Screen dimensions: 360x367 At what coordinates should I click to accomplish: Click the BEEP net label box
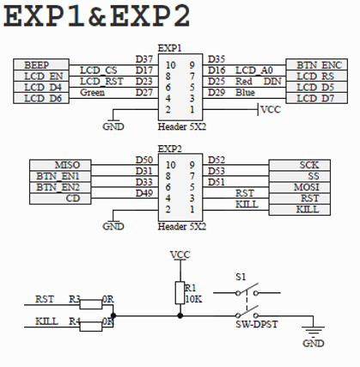click(x=41, y=64)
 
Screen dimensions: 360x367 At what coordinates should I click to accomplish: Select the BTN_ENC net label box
click(x=317, y=64)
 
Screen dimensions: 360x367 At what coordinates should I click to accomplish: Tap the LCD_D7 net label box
click(x=317, y=98)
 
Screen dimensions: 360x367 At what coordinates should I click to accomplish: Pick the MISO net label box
click(x=60, y=165)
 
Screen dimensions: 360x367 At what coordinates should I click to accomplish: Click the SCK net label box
click(x=300, y=165)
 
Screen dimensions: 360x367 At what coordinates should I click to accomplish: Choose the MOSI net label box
click(x=300, y=187)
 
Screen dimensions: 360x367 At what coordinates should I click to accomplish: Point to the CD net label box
click(x=60, y=199)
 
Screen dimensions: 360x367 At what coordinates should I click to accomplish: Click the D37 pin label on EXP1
click(x=144, y=59)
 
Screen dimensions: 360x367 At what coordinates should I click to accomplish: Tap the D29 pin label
click(x=217, y=93)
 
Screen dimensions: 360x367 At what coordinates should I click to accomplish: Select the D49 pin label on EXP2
click(x=144, y=193)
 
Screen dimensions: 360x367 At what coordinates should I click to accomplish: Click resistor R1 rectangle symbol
click(x=180, y=292)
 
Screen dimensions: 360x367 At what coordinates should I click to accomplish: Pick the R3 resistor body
click(x=91, y=304)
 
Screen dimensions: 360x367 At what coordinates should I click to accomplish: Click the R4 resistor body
click(x=91, y=327)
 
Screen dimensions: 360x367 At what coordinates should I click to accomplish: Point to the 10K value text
click(x=193, y=299)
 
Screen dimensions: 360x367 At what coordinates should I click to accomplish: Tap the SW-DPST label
click(x=257, y=324)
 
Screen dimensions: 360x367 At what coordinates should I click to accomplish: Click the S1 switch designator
click(x=241, y=277)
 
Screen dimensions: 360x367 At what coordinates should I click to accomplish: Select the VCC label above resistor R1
click(x=180, y=254)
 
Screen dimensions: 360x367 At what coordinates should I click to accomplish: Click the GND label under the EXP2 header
click(x=113, y=226)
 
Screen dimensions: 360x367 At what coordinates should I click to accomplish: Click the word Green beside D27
click(x=93, y=93)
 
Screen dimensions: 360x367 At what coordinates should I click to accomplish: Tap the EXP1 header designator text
click(x=169, y=48)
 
